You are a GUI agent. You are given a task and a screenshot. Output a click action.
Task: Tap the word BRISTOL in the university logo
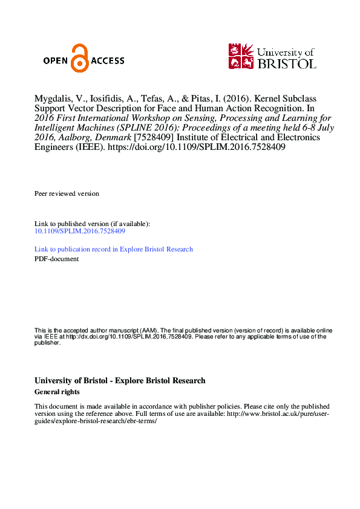coord(286,63)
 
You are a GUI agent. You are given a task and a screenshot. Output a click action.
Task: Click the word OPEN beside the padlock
coord(56,60)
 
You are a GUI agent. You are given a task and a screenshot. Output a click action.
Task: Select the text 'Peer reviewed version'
coord(67,193)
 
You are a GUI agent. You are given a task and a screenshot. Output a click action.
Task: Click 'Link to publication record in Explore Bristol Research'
coord(114,249)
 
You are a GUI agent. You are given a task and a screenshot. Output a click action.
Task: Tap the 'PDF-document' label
coord(56,259)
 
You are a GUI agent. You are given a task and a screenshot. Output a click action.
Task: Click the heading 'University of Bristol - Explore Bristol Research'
coord(120,381)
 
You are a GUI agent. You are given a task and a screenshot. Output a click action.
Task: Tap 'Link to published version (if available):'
coord(92,224)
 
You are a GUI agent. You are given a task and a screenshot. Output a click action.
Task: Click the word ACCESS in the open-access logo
coord(107,60)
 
